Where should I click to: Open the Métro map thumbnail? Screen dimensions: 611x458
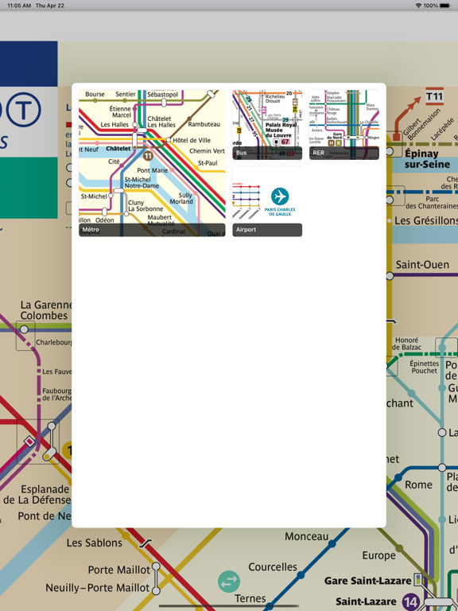point(152,162)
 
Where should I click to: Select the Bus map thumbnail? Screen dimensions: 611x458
point(267,124)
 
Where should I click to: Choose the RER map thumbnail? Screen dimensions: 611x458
point(343,124)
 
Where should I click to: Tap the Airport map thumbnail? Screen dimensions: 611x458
point(267,201)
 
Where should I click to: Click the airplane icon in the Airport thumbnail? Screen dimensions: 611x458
point(280,196)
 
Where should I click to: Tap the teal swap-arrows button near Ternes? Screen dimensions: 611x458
point(229,582)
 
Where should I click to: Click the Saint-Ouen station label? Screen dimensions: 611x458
point(422,265)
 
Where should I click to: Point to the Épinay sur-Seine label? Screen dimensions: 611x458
point(427,158)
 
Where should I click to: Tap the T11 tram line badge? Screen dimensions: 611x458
point(434,97)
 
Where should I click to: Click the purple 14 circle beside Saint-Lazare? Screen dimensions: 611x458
point(410,601)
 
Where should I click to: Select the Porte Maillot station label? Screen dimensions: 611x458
point(118,570)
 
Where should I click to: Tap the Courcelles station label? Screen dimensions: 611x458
point(273,567)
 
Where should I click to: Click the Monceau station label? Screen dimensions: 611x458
point(306,536)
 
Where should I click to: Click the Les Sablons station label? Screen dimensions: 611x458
point(95,543)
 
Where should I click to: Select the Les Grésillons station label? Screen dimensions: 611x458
point(426,220)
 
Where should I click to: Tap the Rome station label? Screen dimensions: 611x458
point(419,485)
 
